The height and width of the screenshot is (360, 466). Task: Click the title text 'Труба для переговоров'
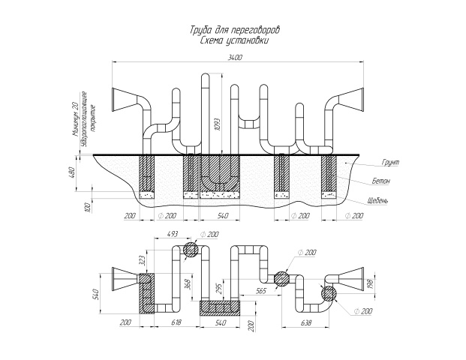coord(233,32)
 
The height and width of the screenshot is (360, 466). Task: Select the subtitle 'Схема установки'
coord(233,42)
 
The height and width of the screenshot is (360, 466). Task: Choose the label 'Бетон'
coord(380,181)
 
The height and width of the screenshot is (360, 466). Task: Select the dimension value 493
coord(172,235)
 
